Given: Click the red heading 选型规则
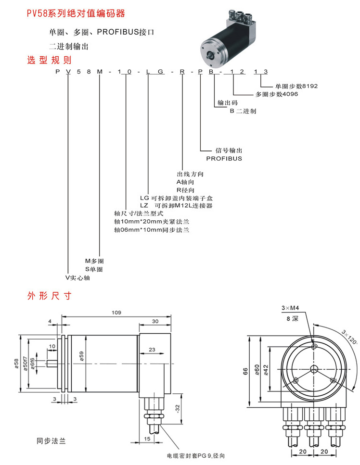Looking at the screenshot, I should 49,61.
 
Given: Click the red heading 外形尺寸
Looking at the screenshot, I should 49,295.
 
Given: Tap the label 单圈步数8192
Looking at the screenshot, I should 296,87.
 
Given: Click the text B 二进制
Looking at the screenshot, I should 243,111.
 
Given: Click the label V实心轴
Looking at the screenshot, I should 78,278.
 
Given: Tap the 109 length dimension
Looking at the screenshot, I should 116,313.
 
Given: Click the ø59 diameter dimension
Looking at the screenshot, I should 82,356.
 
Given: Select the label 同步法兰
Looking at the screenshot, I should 51,441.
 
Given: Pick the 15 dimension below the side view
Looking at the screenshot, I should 147,439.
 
